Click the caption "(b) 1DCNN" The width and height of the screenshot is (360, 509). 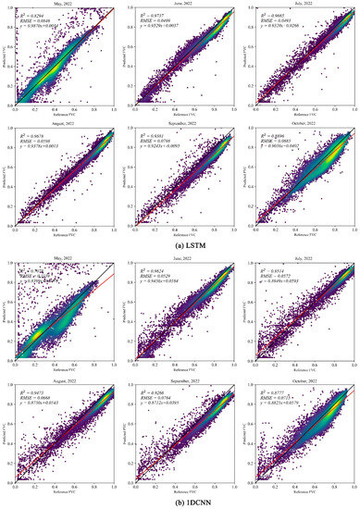pos(180,503)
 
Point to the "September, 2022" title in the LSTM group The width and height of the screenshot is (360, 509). pos(181,121)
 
